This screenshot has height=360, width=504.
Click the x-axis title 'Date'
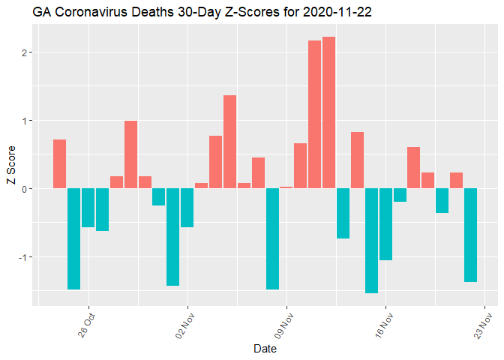click(x=265, y=349)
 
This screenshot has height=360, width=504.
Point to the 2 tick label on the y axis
click(x=25, y=52)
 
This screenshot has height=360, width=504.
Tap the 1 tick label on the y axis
click(x=25, y=121)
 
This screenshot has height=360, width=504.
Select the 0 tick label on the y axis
click(x=25, y=188)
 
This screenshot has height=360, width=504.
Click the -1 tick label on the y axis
click(x=24, y=256)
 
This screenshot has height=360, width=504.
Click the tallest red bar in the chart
click(x=328, y=112)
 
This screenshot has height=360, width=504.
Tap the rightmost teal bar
click(x=470, y=235)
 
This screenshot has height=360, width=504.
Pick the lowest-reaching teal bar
click(x=371, y=240)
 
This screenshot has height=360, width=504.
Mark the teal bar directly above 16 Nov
click(x=385, y=223)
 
